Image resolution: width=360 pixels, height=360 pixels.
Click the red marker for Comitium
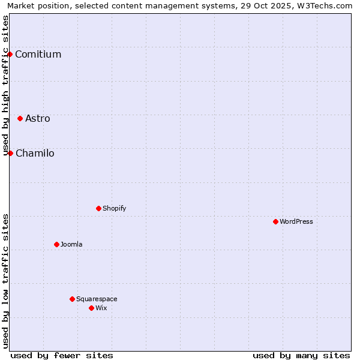(x=10, y=55)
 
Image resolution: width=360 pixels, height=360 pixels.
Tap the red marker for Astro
(x=20, y=118)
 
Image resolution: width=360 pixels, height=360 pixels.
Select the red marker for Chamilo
(x=10, y=153)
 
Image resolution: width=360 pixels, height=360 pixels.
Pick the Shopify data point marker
(x=98, y=208)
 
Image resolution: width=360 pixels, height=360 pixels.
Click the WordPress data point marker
(x=275, y=221)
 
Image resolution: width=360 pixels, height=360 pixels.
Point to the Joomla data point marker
(x=56, y=244)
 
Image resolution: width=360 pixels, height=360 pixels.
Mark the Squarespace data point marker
(x=72, y=299)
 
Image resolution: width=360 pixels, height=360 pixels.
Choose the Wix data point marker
(x=91, y=308)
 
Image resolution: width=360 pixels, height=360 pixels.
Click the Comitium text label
(x=38, y=55)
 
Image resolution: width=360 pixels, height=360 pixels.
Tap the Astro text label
(x=38, y=118)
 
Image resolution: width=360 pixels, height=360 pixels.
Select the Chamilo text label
(x=35, y=153)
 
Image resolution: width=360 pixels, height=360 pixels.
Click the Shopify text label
(x=114, y=208)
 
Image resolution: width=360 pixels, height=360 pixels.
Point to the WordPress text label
(x=296, y=221)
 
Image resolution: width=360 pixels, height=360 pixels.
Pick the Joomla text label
(x=71, y=244)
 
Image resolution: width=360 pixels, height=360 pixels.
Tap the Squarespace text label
(x=97, y=299)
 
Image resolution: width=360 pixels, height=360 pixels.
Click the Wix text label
(x=101, y=308)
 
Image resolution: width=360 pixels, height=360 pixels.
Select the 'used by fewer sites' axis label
(x=62, y=355)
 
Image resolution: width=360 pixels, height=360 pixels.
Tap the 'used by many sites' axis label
(x=301, y=355)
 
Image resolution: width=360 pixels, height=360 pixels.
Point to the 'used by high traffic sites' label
(x=5, y=85)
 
